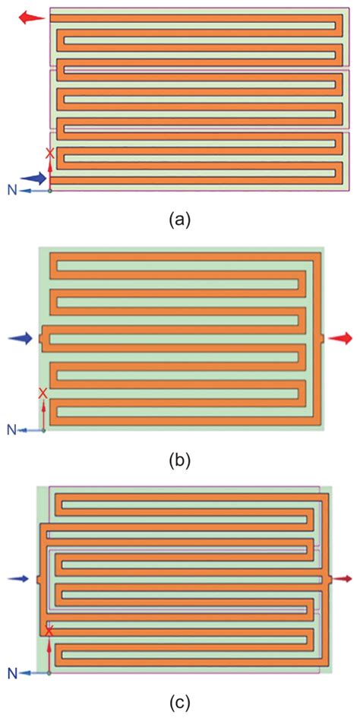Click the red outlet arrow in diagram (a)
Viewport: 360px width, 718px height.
(32, 18)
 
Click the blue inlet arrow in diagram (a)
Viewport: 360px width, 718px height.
(33, 178)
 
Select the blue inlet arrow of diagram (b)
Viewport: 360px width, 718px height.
(21, 338)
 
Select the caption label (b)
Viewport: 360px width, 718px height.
(179, 459)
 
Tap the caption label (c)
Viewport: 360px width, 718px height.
(179, 701)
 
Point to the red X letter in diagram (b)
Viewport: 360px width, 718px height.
(43, 393)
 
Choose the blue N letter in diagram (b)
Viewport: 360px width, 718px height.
(12, 429)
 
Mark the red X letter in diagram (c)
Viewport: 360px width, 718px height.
(49, 631)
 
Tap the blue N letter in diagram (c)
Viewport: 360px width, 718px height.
(14, 672)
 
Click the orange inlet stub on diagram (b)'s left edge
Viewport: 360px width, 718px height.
(42, 338)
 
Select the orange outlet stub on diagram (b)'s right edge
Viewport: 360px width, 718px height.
(322, 338)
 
